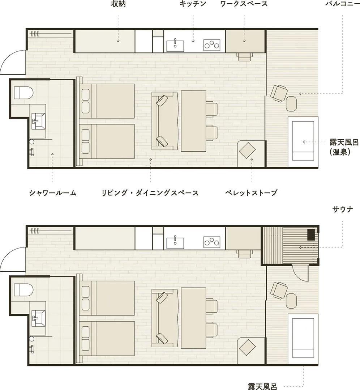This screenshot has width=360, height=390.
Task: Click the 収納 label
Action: pyautogui.click(x=118, y=4)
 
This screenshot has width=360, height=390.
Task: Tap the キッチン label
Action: pyautogui.click(x=193, y=4)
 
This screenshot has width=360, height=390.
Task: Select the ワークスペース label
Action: pyautogui.click(x=244, y=4)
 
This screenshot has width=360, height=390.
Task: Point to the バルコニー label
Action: pyautogui.click(x=343, y=4)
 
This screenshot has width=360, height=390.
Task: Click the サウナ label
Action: pyautogui.click(x=343, y=209)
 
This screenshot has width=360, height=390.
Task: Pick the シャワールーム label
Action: pyautogui.click(x=53, y=193)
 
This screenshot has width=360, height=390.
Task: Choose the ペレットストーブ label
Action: pyautogui.click(x=251, y=193)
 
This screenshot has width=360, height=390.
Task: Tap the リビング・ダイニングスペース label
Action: pyautogui.click(x=150, y=193)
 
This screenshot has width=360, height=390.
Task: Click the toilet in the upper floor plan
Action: pyautogui.click(x=23, y=93)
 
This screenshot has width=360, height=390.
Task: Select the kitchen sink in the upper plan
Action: pyautogui.click(x=175, y=45)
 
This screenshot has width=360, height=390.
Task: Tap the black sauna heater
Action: pyautogui.click(x=311, y=234)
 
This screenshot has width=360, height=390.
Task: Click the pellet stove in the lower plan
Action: pyautogui.click(x=247, y=347)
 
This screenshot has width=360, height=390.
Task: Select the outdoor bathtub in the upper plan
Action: pyautogui.click(x=303, y=141)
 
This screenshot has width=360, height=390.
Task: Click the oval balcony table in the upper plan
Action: pyautogui.click(x=291, y=104)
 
